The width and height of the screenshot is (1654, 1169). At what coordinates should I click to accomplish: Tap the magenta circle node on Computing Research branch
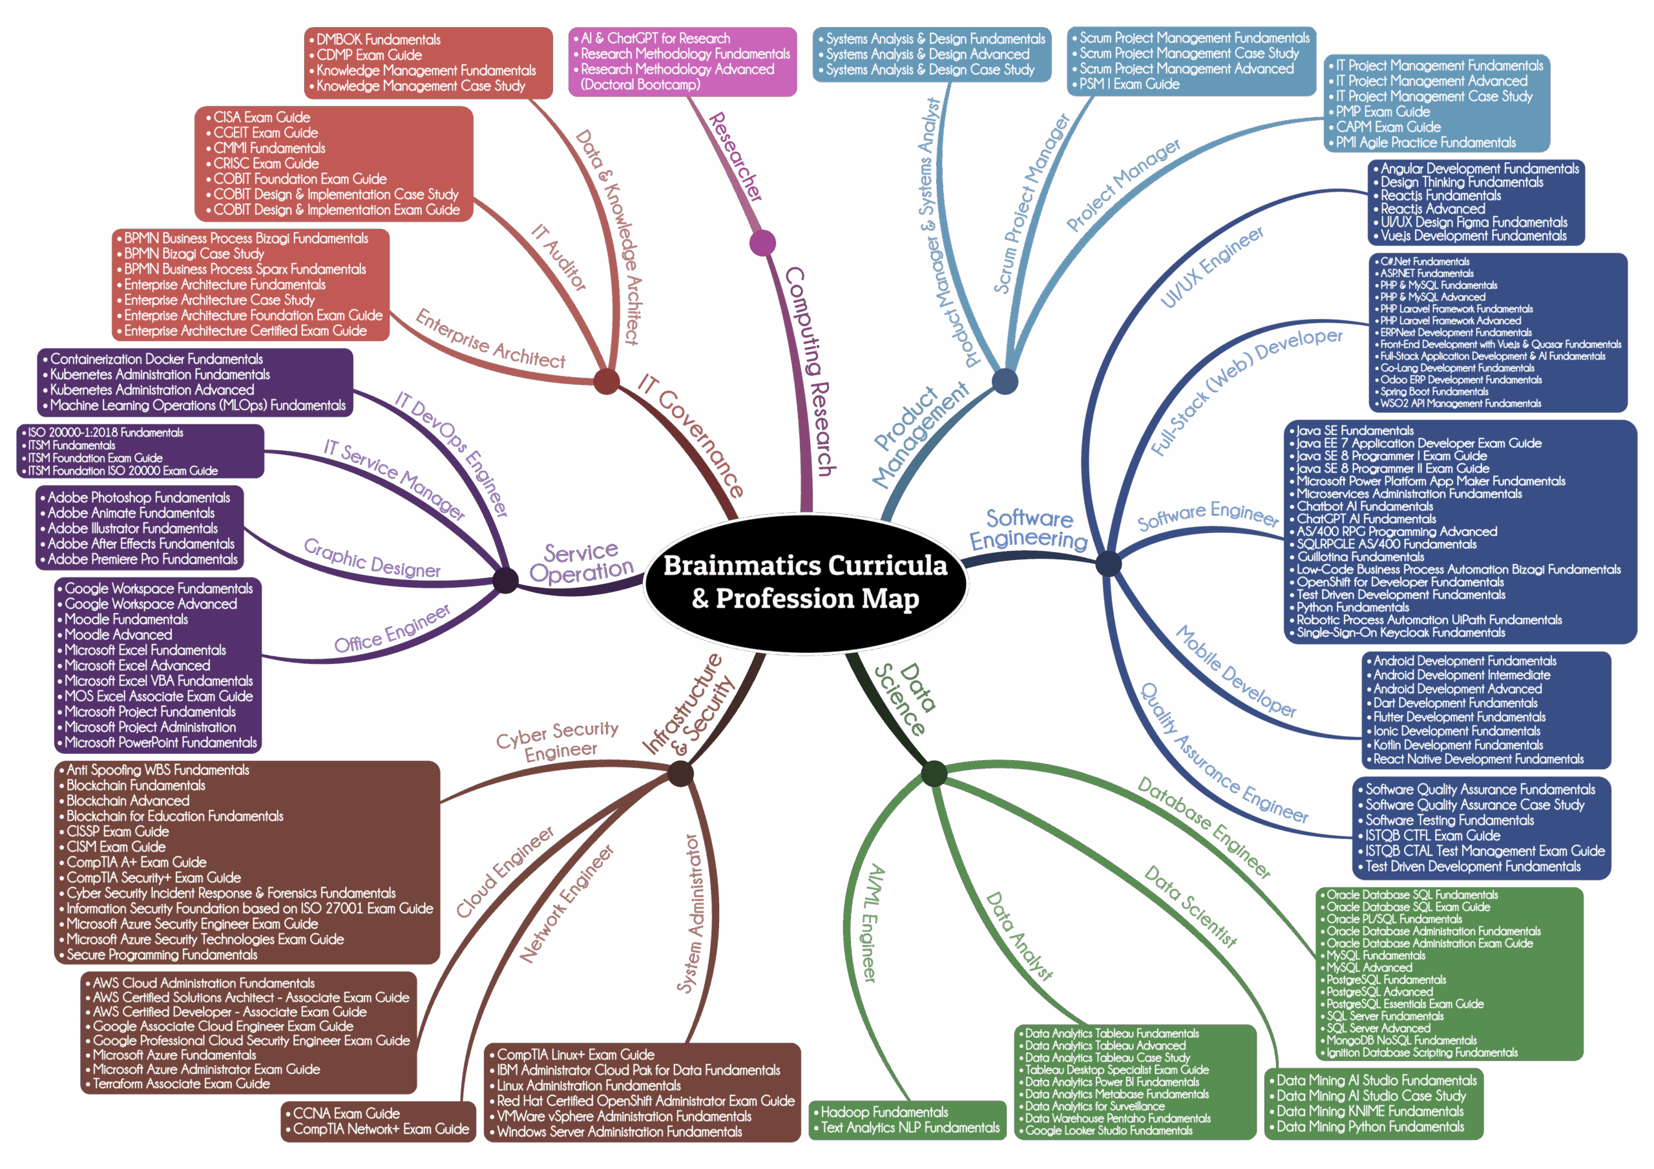tap(762, 243)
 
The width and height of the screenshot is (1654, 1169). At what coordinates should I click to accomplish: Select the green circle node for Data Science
tap(934, 774)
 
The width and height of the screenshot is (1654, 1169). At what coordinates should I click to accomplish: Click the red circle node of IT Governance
tap(607, 381)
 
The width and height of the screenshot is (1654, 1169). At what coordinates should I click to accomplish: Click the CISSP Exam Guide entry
tap(118, 831)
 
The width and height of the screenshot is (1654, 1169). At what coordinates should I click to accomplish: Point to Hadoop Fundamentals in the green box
tap(884, 1112)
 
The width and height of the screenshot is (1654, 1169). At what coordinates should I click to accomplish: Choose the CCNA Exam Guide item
tap(346, 1113)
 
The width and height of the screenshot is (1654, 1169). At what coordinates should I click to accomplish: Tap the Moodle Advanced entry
tap(118, 635)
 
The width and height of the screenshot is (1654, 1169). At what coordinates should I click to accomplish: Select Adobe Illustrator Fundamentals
tap(132, 528)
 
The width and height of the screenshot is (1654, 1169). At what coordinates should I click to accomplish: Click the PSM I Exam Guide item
tap(1129, 84)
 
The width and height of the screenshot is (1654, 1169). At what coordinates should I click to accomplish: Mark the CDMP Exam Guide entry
tap(369, 55)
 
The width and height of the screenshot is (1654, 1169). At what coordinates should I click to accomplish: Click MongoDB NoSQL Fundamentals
tap(1401, 1040)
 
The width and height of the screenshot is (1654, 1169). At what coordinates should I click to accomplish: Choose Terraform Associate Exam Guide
tap(181, 1084)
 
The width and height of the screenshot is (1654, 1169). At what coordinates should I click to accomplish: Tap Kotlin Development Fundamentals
tap(1458, 745)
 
